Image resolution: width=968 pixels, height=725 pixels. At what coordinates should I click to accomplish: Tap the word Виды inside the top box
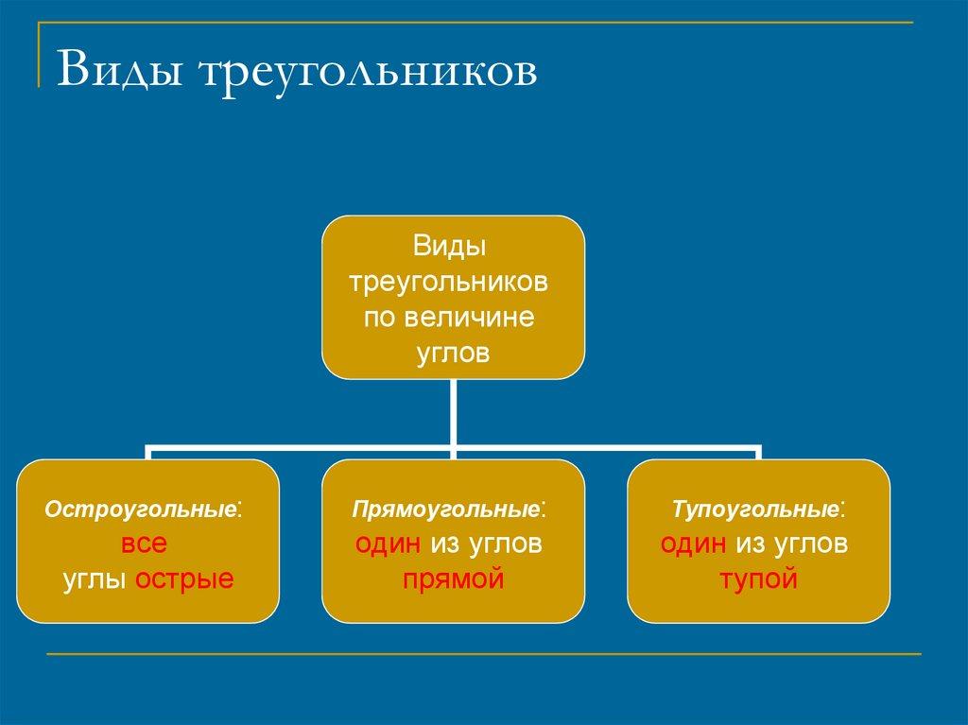[x=452, y=249]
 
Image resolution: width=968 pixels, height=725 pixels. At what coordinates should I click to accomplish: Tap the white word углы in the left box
[x=96, y=578]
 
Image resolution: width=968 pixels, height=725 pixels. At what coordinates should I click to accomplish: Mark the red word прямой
[x=452, y=578]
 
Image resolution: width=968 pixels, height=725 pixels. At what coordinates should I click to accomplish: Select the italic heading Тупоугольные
[x=756, y=509]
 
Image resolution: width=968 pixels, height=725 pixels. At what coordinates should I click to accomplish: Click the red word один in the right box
[x=694, y=544]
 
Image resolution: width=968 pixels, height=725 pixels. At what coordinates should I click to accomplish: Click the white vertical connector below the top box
[x=453, y=411]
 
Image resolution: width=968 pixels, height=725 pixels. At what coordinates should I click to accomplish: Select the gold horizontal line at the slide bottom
[x=484, y=653]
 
